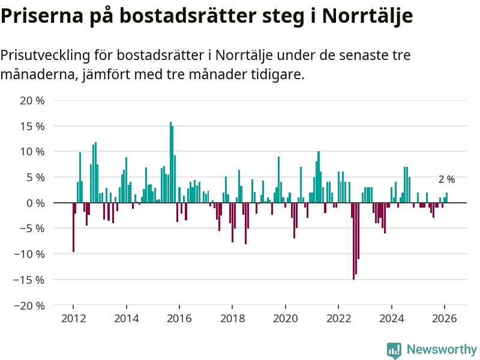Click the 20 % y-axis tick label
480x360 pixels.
(32, 101)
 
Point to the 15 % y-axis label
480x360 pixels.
(32, 127)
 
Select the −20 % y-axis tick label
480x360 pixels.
(29, 305)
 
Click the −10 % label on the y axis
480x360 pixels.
(29, 254)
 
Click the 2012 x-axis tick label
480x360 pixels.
(73, 319)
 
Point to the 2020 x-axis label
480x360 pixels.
(286, 319)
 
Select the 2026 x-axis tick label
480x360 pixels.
(445, 319)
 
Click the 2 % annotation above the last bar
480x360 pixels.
(446, 179)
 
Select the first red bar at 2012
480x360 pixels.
(73, 227)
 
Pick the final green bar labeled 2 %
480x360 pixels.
(447, 198)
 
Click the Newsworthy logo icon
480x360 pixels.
(394, 350)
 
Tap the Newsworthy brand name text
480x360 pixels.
(442, 349)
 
